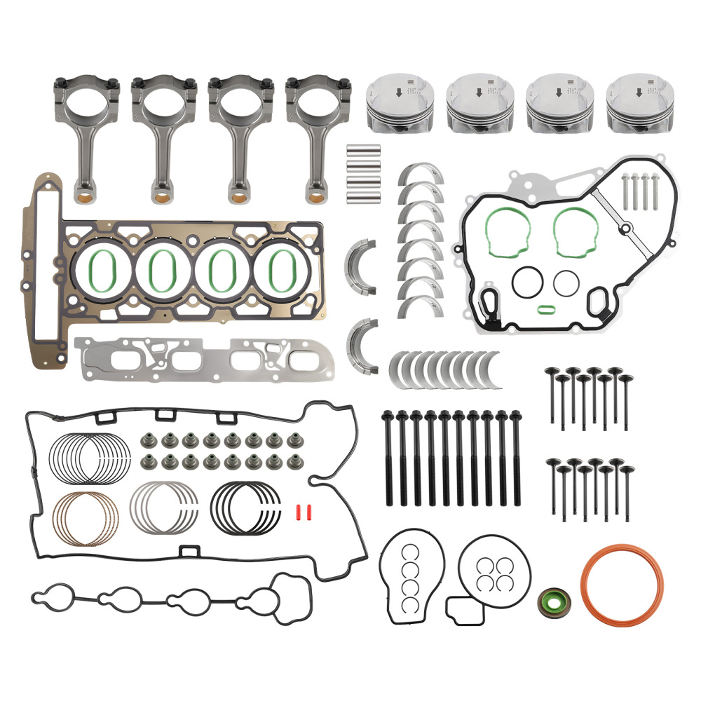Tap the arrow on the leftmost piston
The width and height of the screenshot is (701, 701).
click(398, 92)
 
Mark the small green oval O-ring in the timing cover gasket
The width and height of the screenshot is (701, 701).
click(547, 308)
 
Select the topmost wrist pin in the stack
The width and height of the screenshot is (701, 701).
click(364, 149)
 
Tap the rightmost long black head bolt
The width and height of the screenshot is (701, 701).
click(517, 459)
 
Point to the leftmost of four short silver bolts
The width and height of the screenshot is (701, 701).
click(625, 191)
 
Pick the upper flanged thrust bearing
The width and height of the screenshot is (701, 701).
click(361, 267)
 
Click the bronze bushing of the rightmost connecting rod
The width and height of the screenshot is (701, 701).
click(317, 189)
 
